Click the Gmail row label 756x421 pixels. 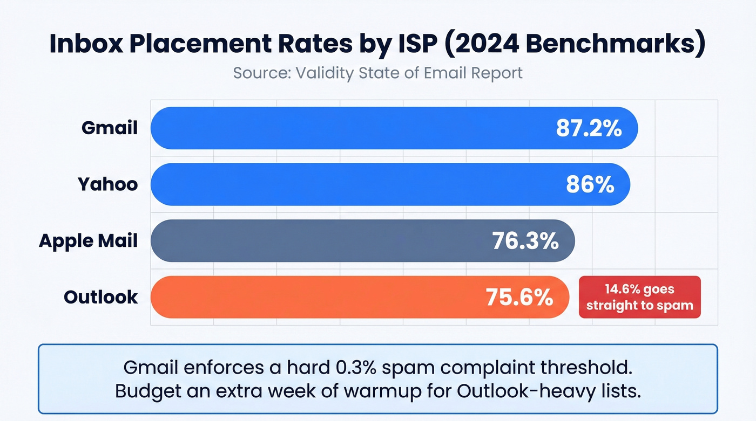click(x=110, y=128)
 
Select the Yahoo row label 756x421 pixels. click(x=108, y=184)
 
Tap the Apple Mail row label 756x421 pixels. click(x=88, y=240)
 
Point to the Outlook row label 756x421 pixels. click(x=101, y=296)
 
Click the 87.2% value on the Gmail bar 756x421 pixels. click(x=589, y=128)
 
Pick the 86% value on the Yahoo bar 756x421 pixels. click(x=590, y=184)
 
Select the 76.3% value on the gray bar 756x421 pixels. click(x=525, y=240)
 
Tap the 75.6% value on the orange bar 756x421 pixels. click(x=519, y=297)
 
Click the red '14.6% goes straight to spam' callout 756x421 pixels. click(x=639, y=297)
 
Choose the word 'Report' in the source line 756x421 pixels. click(x=496, y=72)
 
